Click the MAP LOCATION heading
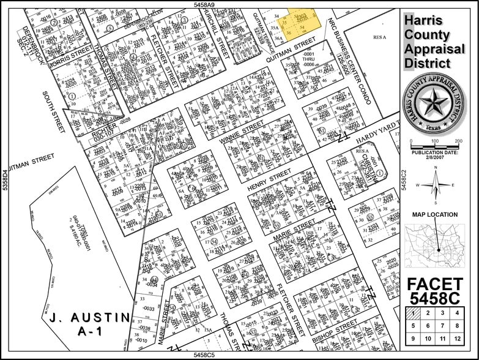click(434, 214)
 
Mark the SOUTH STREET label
click(54, 111)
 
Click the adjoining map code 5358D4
click(4, 181)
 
